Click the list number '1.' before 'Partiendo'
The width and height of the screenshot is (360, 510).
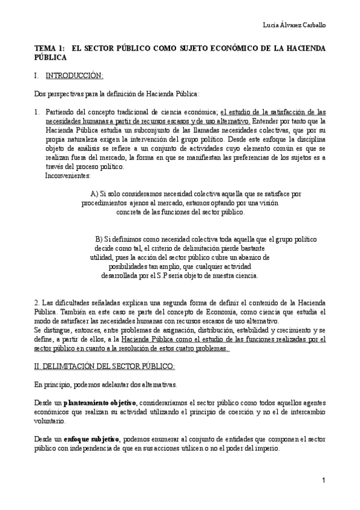pyautogui.click(x=37, y=111)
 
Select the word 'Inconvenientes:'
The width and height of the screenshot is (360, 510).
pyautogui.click(x=68, y=176)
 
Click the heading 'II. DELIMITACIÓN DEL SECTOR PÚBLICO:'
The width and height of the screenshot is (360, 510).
pyautogui.click(x=104, y=366)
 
